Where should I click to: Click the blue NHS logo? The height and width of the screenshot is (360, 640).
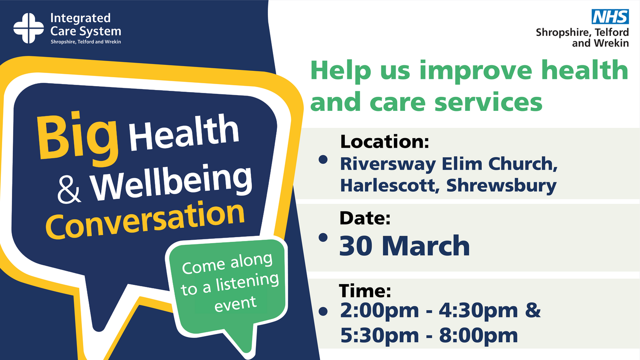point(610,17)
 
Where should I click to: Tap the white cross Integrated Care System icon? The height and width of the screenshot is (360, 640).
point(29,28)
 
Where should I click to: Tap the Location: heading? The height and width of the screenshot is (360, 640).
point(384,141)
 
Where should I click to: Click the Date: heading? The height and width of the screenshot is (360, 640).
point(365,218)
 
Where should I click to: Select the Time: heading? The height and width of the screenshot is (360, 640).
point(365,291)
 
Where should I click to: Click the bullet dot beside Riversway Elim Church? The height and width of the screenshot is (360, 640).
point(323,160)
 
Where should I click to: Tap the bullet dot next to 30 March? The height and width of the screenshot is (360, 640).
point(323,238)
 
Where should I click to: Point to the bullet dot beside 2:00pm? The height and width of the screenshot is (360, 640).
point(323,311)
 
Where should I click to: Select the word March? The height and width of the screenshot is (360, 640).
point(426,246)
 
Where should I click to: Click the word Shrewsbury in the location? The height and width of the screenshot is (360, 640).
point(501,186)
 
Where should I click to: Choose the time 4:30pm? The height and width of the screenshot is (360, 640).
point(478,311)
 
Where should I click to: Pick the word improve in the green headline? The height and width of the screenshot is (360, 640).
point(475,71)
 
